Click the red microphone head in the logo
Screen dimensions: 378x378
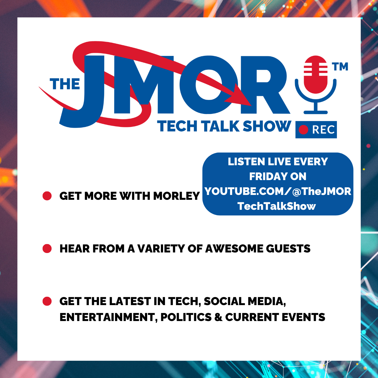point(315,75)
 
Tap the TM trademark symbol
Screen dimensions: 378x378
point(340,66)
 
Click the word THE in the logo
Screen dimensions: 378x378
point(65,84)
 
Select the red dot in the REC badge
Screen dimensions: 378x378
point(303,130)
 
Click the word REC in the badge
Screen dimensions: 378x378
point(323,130)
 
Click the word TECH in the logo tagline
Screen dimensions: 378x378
point(177,126)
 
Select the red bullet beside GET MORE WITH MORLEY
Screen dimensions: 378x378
point(47,196)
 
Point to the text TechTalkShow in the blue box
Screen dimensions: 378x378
point(276,206)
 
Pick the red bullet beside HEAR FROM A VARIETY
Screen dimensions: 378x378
point(47,248)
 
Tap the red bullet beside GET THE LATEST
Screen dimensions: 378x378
point(47,301)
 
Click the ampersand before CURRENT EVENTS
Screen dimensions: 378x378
point(218,317)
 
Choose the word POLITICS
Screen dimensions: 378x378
point(186,317)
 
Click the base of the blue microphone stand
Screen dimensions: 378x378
point(316,112)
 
